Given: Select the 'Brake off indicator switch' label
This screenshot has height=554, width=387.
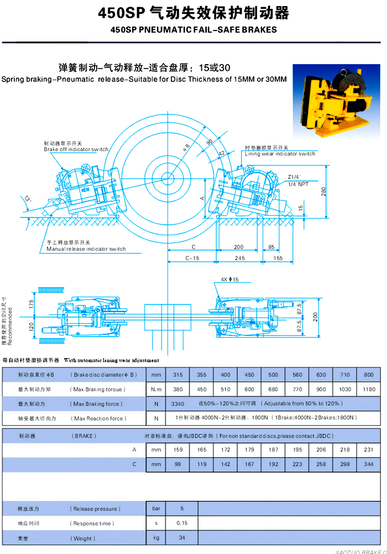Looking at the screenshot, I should tap(76, 149).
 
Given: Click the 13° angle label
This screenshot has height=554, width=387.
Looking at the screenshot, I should tap(28, 198).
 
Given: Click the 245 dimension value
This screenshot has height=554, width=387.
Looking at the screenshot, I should tap(239, 258).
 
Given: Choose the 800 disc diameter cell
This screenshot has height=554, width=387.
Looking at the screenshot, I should tap(368, 375).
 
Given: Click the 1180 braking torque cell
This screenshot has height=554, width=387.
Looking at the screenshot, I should tap(368, 390).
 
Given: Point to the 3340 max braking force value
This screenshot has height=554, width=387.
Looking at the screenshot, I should tap(178, 404).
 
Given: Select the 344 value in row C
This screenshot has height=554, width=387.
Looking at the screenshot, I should tap(368, 465).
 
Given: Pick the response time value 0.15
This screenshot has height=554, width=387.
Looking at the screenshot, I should tap(181, 523).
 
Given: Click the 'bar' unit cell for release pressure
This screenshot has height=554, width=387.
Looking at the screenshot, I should tap(156, 508).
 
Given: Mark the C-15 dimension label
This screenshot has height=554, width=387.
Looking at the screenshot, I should tap(192, 258).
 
